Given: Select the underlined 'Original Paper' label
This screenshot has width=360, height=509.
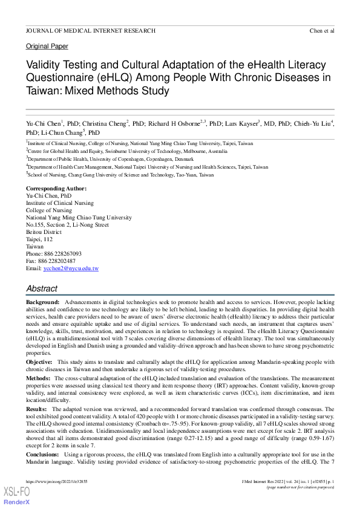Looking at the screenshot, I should click(x=47, y=47).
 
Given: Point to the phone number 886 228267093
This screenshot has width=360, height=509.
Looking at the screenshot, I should click(x=63, y=253).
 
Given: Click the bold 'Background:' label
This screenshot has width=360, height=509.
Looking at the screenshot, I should click(x=43, y=301).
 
